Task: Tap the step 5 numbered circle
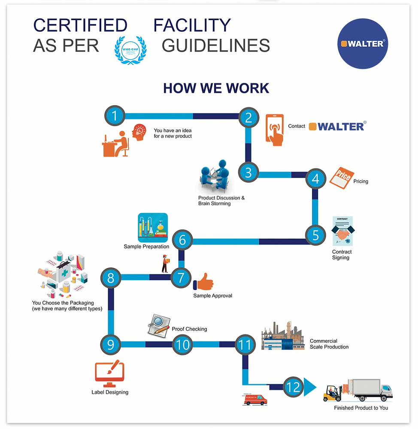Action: (x=316, y=235)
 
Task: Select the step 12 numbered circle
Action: (x=294, y=387)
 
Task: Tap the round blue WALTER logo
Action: (x=362, y=44)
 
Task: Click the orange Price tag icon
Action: (x=342, y=177)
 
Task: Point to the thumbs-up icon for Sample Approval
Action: (x=204, y=282)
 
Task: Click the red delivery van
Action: (x=255, y=399)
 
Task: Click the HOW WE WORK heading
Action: (x=216, y=88)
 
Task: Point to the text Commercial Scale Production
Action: (x=329, y=344)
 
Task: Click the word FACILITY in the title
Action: (x=192, y=26)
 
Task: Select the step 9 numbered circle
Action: (x=111, y=344)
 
